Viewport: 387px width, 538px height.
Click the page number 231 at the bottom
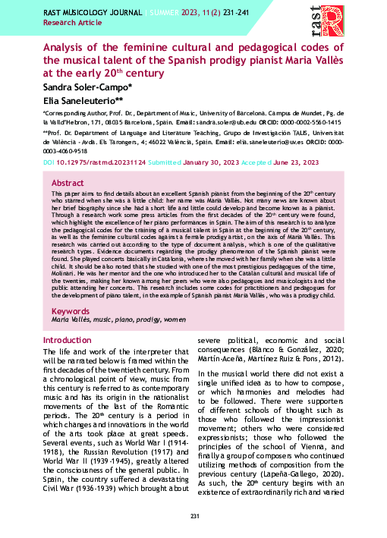[x=193, y=518]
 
